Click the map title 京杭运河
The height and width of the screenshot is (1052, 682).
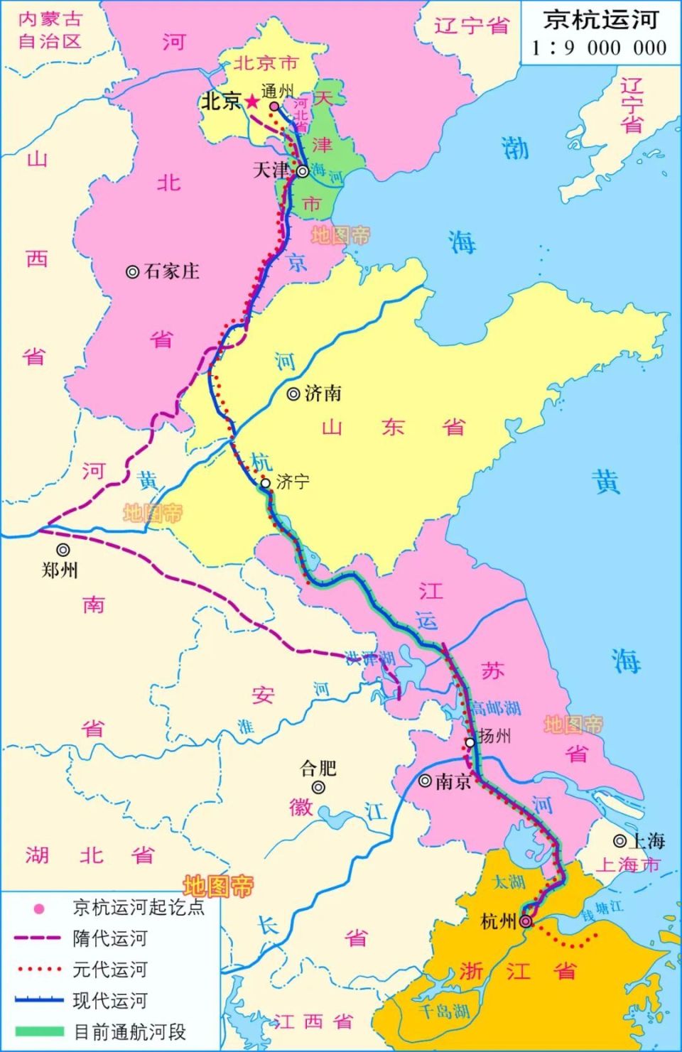[600, 19]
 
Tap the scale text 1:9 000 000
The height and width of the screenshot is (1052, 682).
[600, 48]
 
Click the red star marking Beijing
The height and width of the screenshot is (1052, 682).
[252, 102]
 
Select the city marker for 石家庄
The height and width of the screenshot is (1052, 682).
[132, 271]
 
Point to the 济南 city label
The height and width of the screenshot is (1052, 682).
[323, 394]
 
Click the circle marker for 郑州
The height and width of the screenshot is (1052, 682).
[63, 549]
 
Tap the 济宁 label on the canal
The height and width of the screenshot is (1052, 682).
[293, 482]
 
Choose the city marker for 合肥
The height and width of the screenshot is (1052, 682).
[318, 787]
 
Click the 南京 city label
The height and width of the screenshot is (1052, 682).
[453, 781]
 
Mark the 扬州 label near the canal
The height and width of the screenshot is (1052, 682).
[494, 736]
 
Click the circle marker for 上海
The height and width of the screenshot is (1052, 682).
[620, 841]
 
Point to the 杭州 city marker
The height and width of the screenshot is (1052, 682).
[525, 921]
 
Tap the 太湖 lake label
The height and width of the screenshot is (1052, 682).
[509, 882]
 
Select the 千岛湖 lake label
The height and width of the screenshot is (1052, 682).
[444, 1010]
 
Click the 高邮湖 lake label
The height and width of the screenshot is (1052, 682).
[496, 708]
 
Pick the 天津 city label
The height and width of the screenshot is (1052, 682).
[271, 170]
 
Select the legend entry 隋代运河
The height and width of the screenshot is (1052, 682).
[109, 938]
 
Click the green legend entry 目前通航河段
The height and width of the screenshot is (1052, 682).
[129, 1032]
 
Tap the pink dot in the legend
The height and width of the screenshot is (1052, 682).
[40, 908]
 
